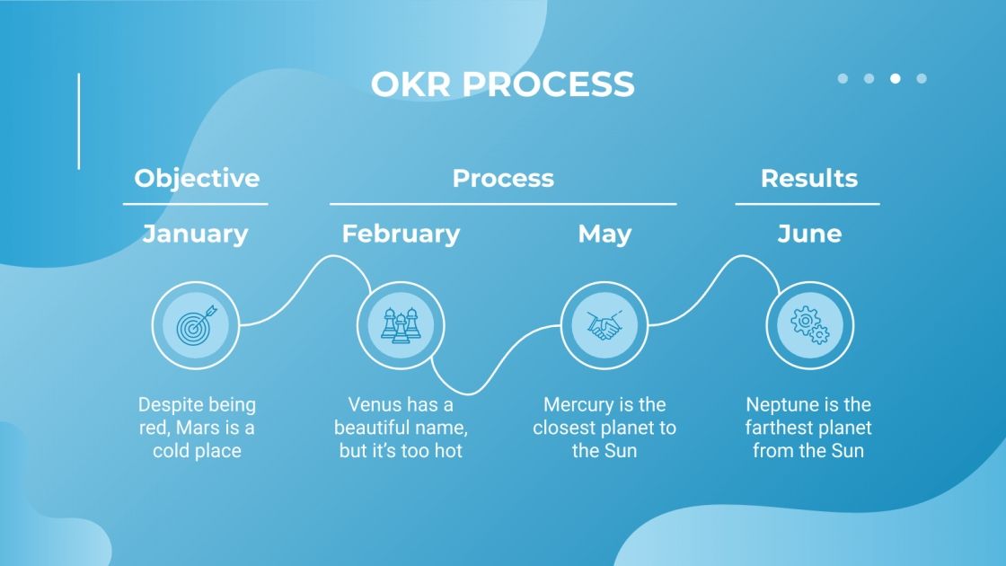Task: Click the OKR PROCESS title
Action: (502, 84)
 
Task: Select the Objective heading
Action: (197, 178)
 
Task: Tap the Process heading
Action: (503, 178)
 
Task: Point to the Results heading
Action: (808, 178)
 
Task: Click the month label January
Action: (195, 234)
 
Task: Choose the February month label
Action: (401, 234)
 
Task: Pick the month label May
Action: (604, 234)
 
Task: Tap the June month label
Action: (809, 234)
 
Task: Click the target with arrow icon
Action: (195, 324)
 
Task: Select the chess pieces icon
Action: (401, 324)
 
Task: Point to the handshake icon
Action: (604, 324)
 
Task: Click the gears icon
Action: (809, 324)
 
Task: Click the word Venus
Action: (375, 405)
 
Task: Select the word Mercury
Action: (577, 405)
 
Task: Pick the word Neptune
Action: (781, 405)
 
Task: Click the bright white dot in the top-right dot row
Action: (895, 79)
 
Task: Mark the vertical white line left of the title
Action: (79, 120)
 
